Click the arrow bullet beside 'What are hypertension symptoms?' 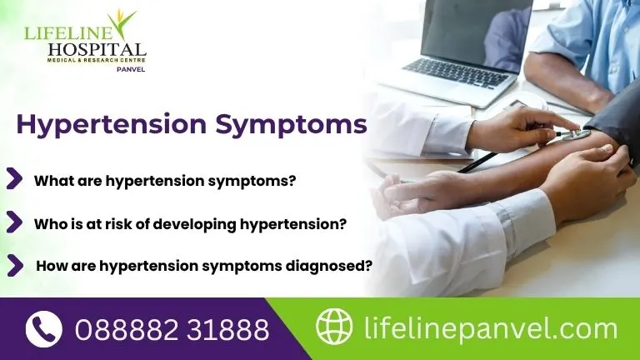pyautogui.click(x=14, y=178)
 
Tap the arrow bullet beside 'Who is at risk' pyautogui.click(x=14, y=222)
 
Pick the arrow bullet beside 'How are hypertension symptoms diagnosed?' pyautogui.click(x=14, y=265)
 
